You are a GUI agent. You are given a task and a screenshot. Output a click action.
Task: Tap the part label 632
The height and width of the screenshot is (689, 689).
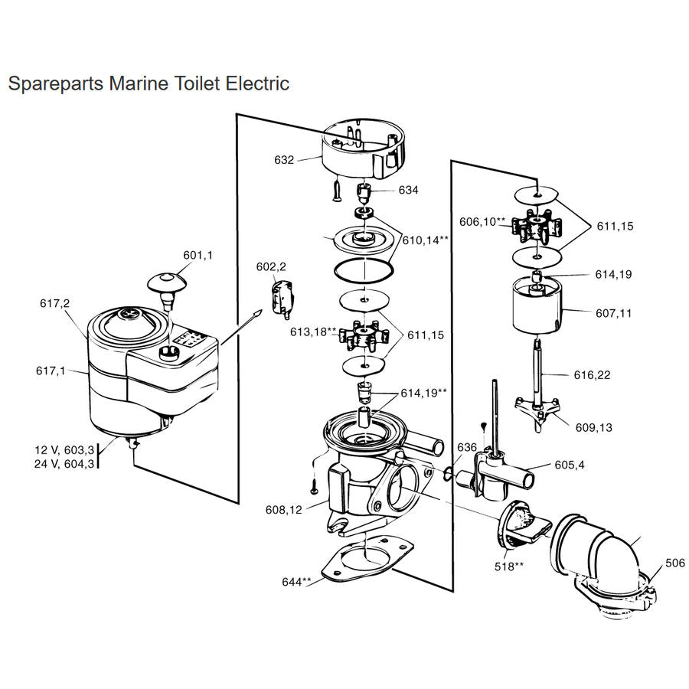click(284, 161)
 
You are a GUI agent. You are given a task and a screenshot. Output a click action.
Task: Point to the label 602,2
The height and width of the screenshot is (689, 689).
click(270, 266)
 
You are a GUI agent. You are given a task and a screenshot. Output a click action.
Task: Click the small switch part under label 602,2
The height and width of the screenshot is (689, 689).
click(281, 296)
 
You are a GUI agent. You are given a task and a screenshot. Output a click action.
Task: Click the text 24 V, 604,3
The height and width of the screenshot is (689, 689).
click(64, 463)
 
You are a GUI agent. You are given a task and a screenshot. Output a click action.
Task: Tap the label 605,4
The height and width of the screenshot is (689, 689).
click(570, 465)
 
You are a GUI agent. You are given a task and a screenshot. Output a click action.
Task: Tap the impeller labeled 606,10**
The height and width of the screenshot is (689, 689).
click(537, 227)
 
